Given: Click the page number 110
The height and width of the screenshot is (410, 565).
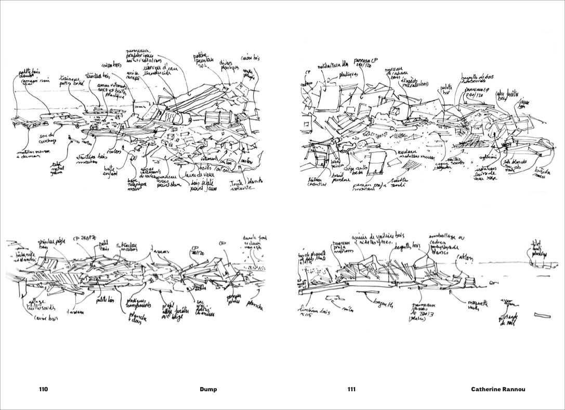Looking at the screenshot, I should click(x=43, y=389).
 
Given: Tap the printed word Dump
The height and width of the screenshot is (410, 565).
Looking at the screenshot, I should click(x=208, y=389).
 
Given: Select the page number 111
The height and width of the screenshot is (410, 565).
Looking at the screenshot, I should click(x=352, y=389).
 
